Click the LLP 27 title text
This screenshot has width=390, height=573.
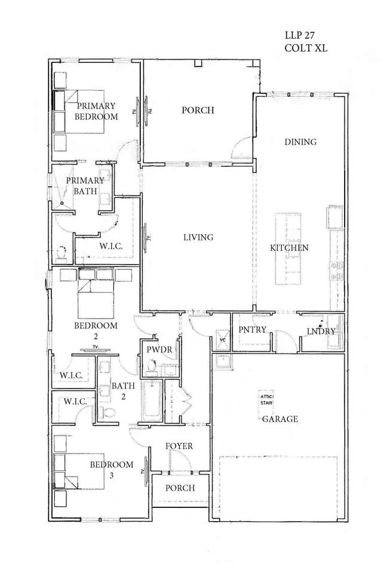(299, 35)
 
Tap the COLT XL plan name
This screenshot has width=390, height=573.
(306, 48)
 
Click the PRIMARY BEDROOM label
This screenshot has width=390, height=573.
(97, 112)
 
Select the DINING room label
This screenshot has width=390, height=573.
(300, 142)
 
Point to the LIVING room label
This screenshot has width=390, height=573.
(198, 237)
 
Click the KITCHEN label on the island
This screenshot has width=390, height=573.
(289, 248)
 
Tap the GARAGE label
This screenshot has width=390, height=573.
(280, 419)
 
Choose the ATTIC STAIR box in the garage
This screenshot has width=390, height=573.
(266, 400)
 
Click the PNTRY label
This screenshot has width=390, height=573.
(252, 329)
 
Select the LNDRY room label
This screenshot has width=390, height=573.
(321, 331)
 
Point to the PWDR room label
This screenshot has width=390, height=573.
(159, 349)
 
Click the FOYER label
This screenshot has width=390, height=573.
(179, 446)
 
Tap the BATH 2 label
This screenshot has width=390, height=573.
(123, 390)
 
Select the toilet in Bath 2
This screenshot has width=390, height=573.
(108, 412)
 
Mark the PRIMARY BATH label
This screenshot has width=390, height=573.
(85, 186)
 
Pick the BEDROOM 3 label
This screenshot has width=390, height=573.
(112, 470)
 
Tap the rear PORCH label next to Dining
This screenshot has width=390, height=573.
(198, 110)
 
